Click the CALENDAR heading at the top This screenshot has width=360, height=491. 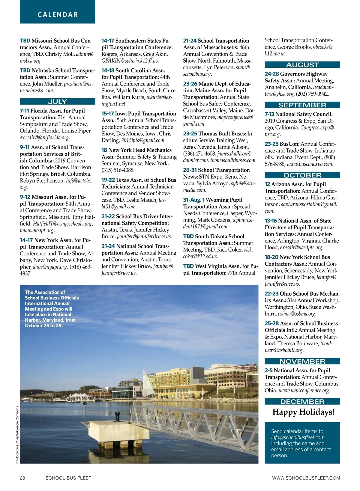click(58, 15)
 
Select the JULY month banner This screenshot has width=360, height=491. click(57, 102)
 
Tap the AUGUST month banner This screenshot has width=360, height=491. click(302, 65)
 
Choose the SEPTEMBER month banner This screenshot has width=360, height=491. click(302, 105)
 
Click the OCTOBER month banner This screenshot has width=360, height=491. click(302, 175)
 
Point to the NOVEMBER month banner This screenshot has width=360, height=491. click(302, 362)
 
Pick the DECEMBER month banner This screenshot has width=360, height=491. click(302, 402)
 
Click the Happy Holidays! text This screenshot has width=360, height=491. click(303, 412)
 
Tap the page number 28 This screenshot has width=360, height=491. click(22, 478)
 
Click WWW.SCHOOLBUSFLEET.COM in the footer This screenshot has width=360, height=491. click(306, 478)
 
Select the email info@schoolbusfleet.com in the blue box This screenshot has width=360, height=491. click(298, 437)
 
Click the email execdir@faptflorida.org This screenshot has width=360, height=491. click(45, 138)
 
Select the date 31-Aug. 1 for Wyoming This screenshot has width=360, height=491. click(194, 200)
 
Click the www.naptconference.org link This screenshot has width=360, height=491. click(304, 391)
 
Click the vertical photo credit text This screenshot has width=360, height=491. click(17, 435)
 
